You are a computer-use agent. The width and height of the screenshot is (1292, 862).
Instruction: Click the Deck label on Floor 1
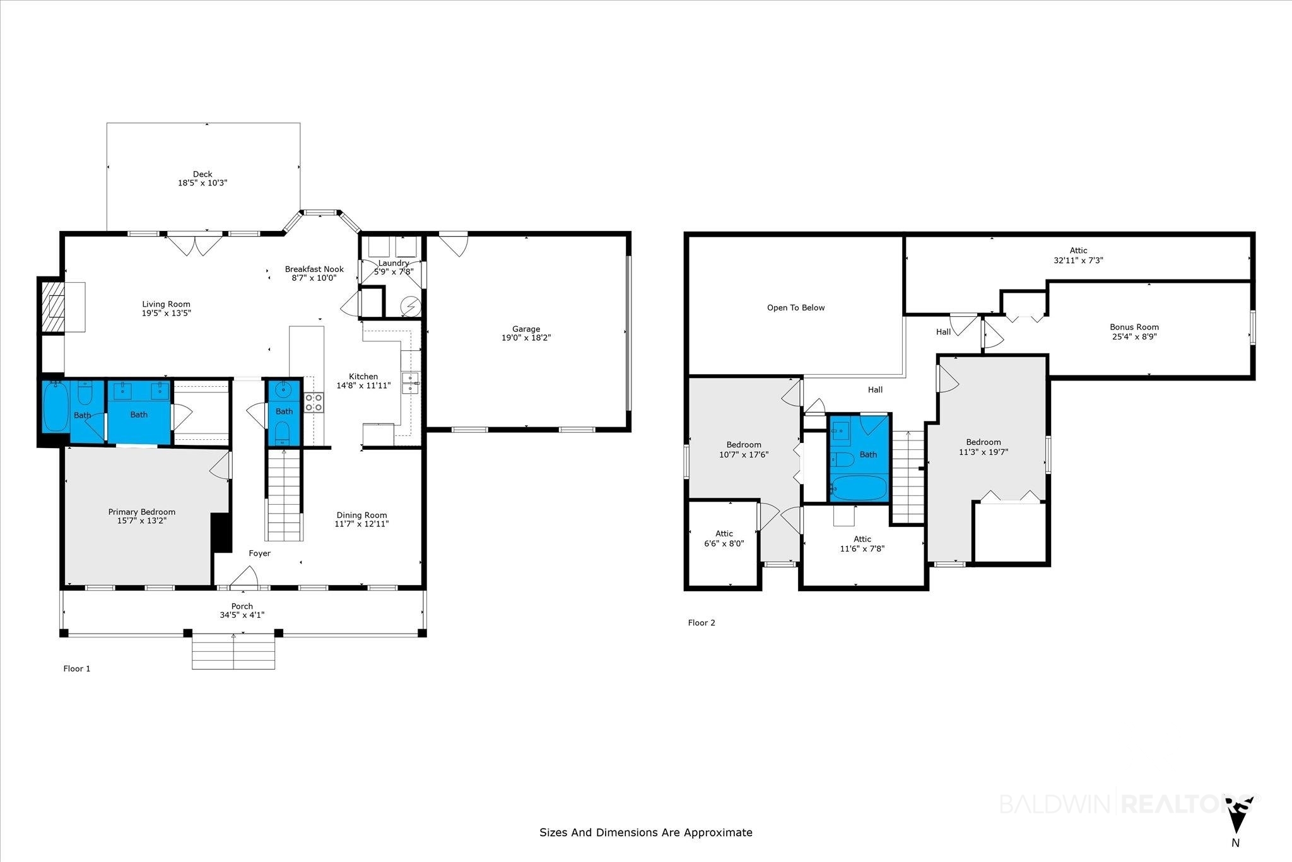[203, 174]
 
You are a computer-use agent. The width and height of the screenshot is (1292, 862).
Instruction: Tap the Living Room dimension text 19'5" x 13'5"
[166, 313]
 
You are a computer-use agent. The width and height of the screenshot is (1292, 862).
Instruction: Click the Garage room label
[526, 329]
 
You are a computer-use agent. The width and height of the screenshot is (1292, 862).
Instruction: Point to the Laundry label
[394, 263]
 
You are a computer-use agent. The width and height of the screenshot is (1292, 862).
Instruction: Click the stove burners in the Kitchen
[314, 402]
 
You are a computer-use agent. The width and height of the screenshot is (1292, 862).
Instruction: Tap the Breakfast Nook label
[314, 269]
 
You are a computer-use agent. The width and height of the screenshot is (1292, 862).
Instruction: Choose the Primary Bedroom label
[142, 512]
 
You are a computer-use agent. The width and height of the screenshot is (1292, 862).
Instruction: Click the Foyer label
[259, 553]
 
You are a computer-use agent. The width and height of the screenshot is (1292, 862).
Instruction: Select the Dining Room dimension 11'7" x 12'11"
[361, 524]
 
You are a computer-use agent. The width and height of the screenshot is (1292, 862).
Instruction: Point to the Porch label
[242, 606]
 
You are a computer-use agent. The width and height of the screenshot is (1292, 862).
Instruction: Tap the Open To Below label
[796, 308]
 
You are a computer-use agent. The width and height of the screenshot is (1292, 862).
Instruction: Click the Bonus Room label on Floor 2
[1134, 327]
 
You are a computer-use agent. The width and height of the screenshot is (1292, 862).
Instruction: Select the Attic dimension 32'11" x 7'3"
[1079, 260]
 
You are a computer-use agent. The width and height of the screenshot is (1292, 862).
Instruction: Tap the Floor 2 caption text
[702, 623]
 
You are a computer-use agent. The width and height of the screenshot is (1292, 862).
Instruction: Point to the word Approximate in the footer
[719, 833]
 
